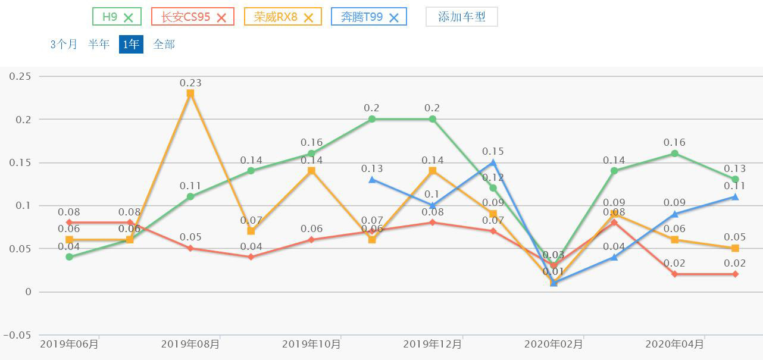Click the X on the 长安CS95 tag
[x=221, y=17]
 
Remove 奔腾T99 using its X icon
[x=393, y=17]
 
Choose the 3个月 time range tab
[x=64, y=44]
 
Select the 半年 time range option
[x=99, y=44]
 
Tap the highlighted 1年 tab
[x=131, y=44]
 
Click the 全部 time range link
[x=164, y=44]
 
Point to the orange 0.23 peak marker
[x=190, y=93]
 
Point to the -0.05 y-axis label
[x=18, y=335]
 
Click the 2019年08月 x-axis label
[x=190, y=344]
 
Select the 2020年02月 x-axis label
[x=554, y=344]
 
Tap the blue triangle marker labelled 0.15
[x=493, y=162]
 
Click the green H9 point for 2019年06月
[x=70, y=257]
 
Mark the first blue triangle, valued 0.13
[x=372, y=179]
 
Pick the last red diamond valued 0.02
[x=735, y=274]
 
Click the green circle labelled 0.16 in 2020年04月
[x=674, y=154]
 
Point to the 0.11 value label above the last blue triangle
[x=734, y=185]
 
